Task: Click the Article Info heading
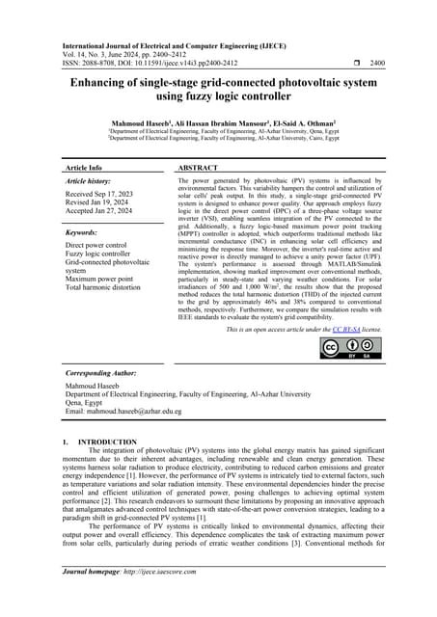[85, 168]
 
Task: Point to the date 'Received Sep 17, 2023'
[102, 194]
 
